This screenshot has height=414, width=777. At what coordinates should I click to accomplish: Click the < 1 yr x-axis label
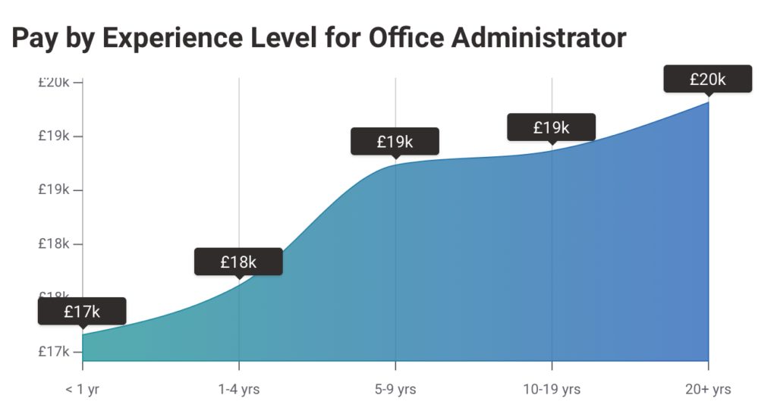[82, 390]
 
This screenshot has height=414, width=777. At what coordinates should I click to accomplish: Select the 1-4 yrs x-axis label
[239, 390]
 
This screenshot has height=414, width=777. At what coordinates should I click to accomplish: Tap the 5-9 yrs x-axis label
[395, 390]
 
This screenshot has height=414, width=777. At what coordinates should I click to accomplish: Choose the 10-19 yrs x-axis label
[552, 390]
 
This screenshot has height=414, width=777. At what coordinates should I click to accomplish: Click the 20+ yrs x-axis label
[706, 390]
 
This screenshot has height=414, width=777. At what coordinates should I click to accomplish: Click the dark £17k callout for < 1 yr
[82, 311]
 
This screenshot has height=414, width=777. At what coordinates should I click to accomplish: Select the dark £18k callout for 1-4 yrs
[238, 262]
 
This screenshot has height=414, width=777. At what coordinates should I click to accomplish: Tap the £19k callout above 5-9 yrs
[395, 141]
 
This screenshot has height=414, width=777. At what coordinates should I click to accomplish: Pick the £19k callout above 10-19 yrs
[551, 127]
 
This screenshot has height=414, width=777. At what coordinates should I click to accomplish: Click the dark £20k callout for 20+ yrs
[707, 79]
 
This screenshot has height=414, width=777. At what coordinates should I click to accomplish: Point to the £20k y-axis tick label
[55, 82]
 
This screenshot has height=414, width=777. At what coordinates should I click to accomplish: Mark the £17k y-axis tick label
[55, 352]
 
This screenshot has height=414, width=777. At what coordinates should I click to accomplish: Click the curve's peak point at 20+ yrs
[708, 102]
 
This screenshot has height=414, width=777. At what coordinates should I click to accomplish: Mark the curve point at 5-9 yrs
[395, 163]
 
